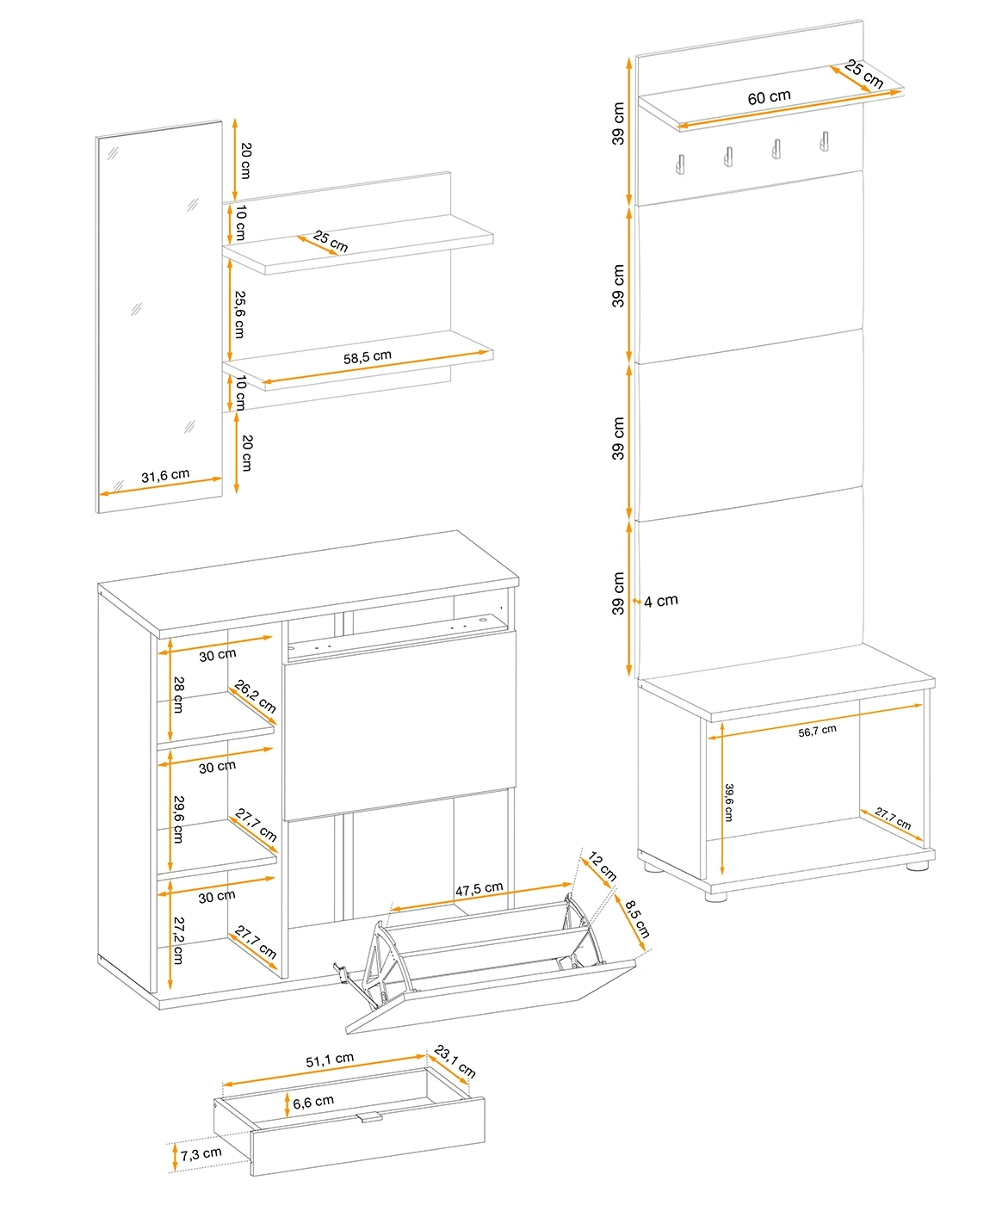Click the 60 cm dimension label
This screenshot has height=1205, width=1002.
pyautogui.click(x=769, y=97)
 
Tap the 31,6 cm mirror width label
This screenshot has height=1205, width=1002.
pyautogui.click(x=165, y=475)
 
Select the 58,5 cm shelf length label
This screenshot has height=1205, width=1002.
pyautogui.click(x=367, y=357)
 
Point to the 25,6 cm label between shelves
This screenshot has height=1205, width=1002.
pyautogui.click(x=239, y=314)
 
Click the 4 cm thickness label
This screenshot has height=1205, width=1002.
pyautogui.click(x=661, y=602)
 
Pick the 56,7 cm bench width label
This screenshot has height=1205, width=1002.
pyautogui.click(x=817, y=732)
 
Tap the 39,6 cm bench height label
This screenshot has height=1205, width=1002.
pyautogui.click(x=728, y=802)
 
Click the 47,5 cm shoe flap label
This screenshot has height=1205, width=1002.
pyautogui.click(x=479, y=889)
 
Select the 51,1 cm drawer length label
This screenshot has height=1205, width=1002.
pyautogui.click(x=330, y=1060)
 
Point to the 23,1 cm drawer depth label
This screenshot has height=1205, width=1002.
pyautogui.click(x=455, y=1061)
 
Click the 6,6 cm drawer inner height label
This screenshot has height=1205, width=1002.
pyautogui.click(x=312, y=1103)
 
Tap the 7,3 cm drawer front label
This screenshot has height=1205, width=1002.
pyautogui.click(x=201, y=1154)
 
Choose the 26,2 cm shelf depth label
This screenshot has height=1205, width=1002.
pyautogui.click(x=255, y=696)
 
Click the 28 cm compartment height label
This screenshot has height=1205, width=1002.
pyautogui.click(x=178, y=695)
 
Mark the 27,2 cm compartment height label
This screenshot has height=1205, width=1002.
pyautogui.click(x=178, y=941)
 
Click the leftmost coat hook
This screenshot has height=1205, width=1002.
pyautogui.click(x=680, y=163)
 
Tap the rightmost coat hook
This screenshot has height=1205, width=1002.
pyautogui.click(x=824, y=141)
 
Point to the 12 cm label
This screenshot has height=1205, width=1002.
pyautogui.click(x=602, y=866)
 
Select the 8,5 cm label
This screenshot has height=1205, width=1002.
pyautogui.click(x=637, y=920)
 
